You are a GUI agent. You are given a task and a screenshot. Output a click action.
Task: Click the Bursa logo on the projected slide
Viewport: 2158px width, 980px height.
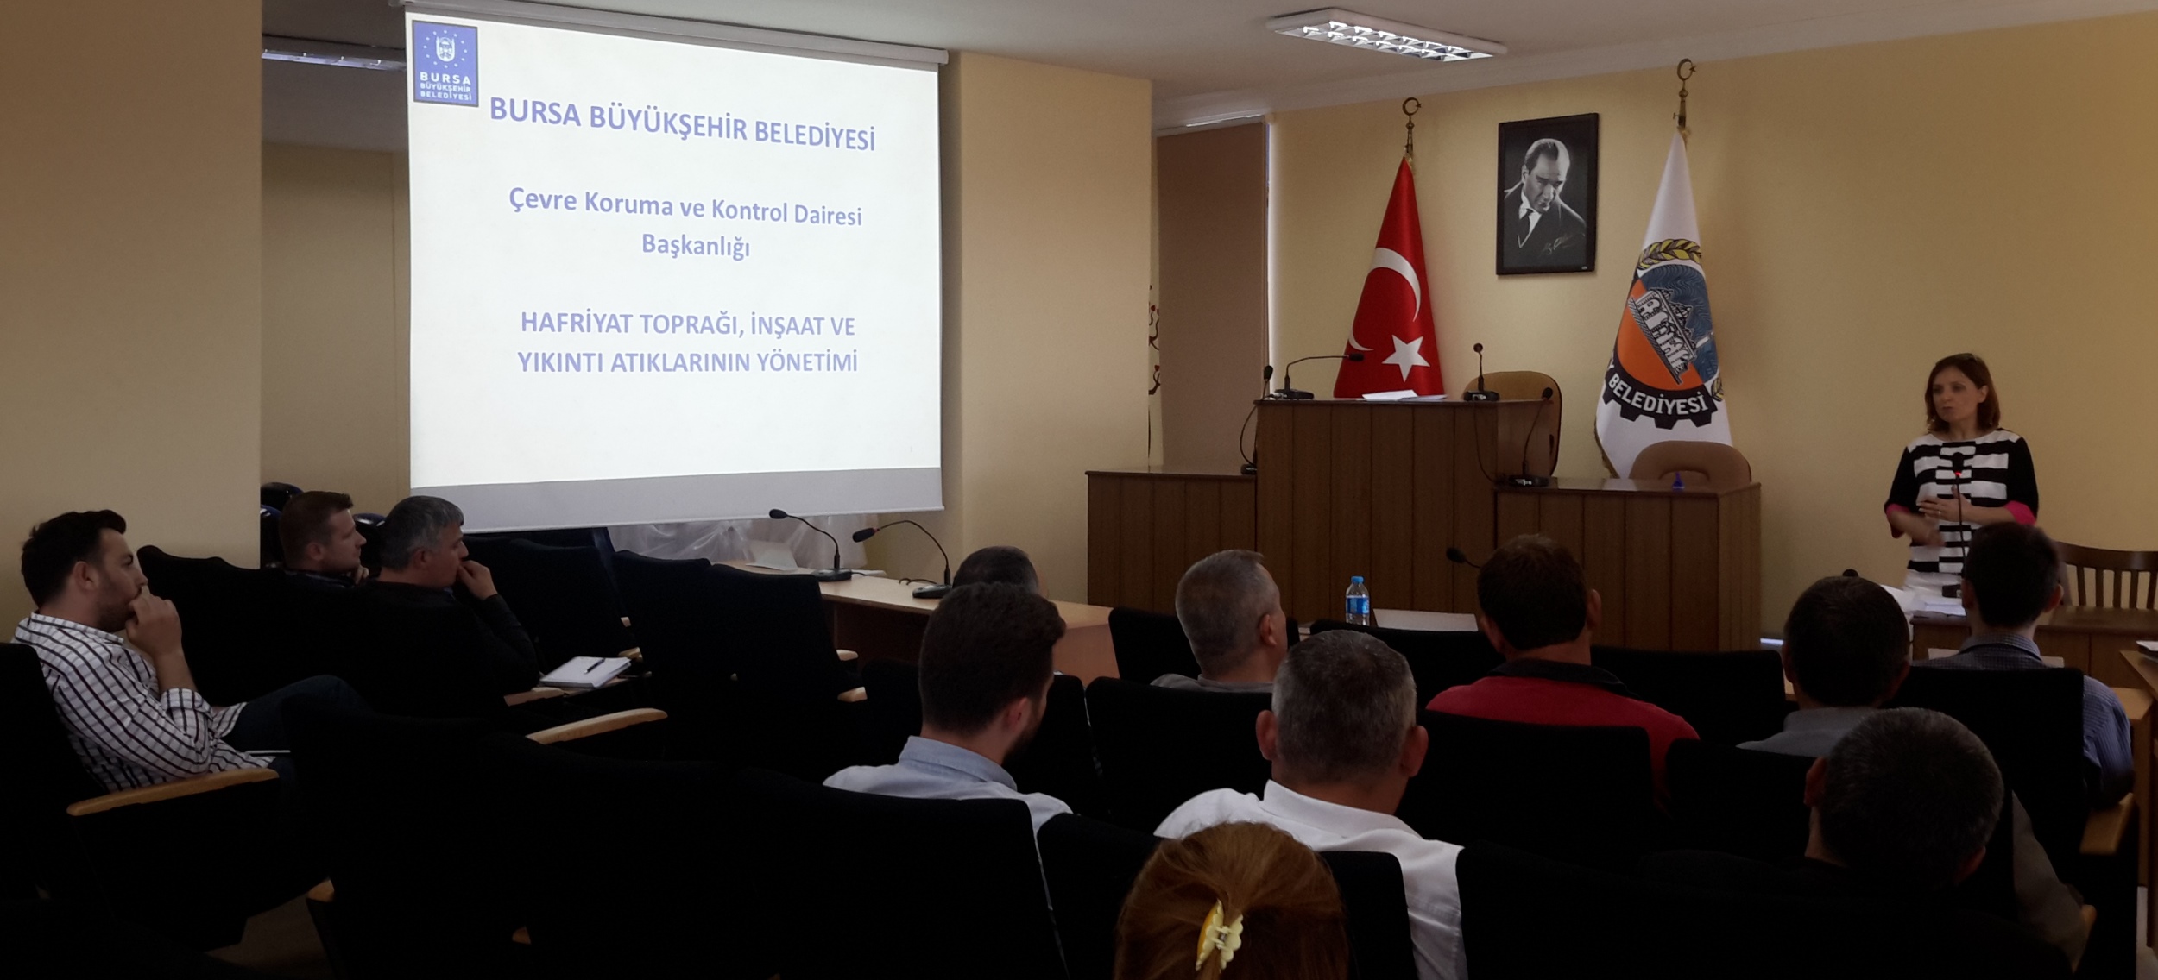[x=445, y=63]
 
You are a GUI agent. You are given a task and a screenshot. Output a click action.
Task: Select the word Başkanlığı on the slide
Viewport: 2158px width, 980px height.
[x=696, y=247]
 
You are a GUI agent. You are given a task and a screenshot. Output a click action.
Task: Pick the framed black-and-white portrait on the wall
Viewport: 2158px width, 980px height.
[x=1547, y=195]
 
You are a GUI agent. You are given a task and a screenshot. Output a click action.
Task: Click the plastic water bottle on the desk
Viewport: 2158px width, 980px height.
[x=1357, y=600]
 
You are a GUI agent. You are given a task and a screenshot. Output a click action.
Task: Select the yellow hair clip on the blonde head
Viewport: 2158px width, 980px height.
[x=1217, y=935]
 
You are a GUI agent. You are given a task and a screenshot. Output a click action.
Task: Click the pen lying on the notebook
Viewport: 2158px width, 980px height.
[x=595, y=665]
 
